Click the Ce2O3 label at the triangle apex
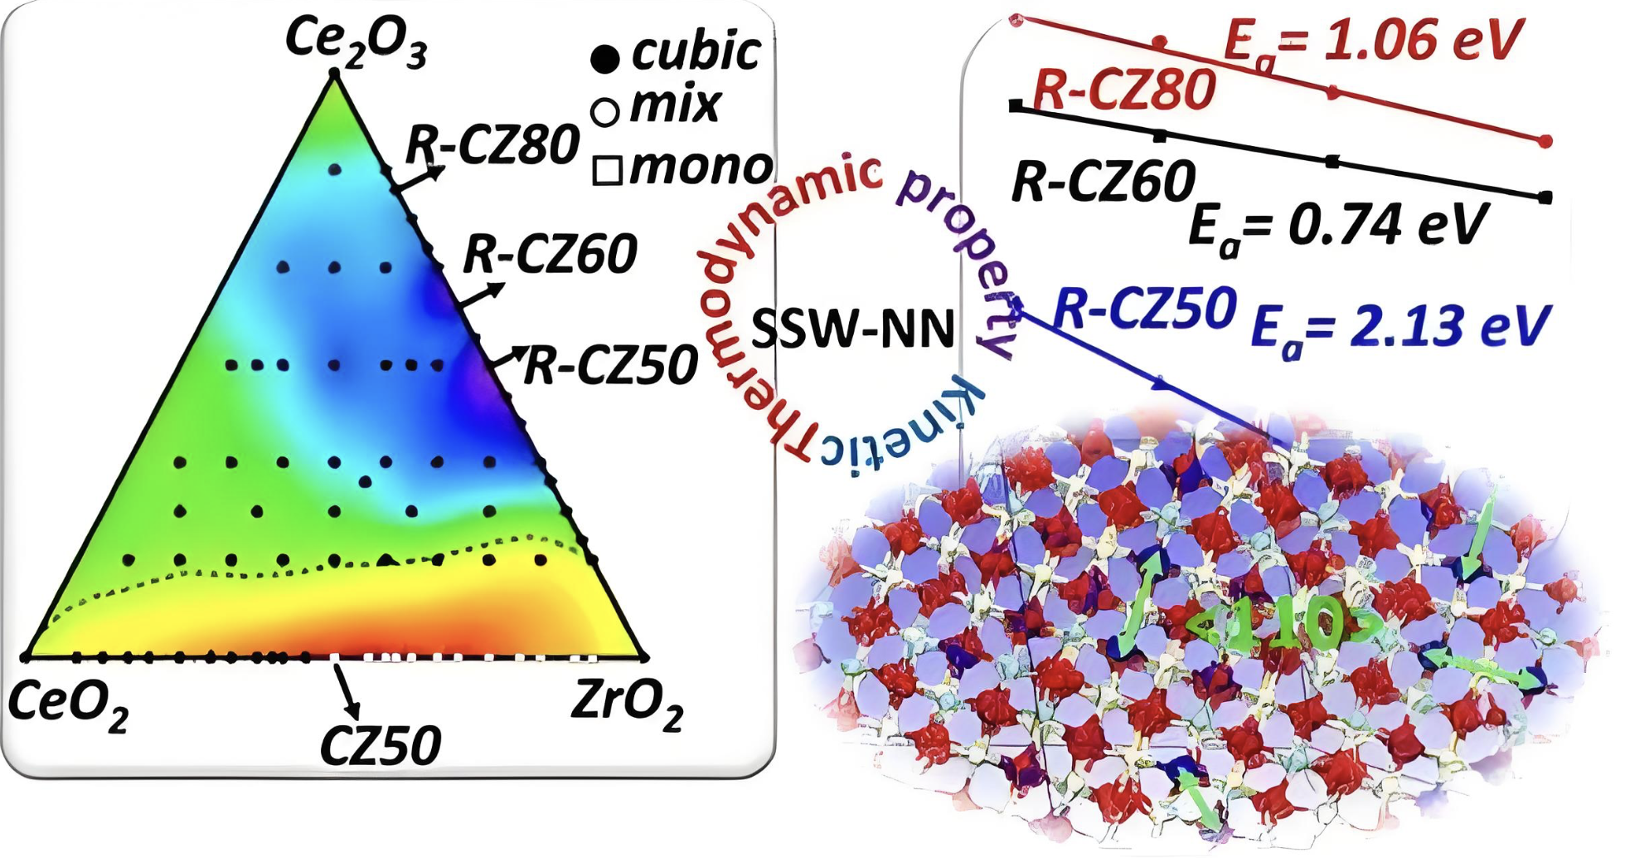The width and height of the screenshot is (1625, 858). pos(357,40)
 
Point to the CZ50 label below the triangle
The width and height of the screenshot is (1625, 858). pos(381,745)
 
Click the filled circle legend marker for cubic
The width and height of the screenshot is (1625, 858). pos(605,58)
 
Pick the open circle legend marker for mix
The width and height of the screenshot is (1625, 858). pos(605,111)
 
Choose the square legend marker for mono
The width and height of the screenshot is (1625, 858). pos(608,170)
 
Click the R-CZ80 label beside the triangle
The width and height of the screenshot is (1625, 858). pos(492,145)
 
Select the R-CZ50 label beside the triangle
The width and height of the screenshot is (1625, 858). pos(612,365)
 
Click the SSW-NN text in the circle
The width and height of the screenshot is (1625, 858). pos(853,329)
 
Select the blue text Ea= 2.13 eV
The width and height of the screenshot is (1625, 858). pos(1399,327)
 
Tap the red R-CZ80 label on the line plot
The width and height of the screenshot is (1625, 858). pos(1124,90)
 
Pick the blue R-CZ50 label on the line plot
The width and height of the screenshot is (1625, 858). pos(1145,309)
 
